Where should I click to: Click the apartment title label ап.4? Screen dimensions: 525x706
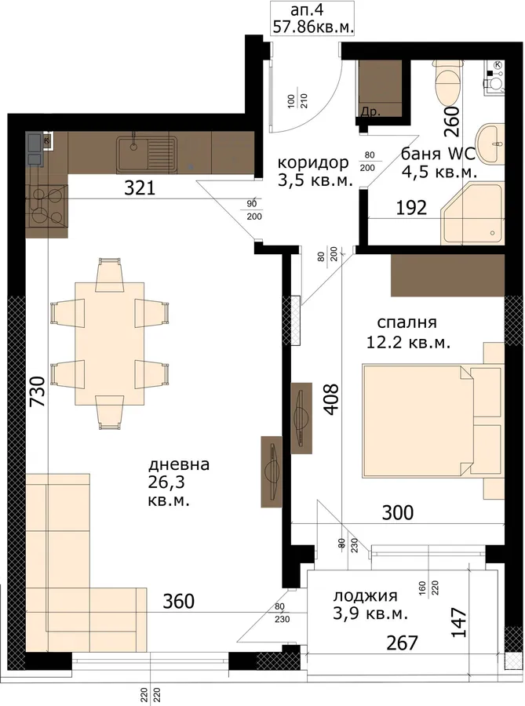click(x=308, y=10)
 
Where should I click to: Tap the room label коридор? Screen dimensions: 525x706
click(x=313, y=163)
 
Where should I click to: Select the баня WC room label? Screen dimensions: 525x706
click(x=438, y=154)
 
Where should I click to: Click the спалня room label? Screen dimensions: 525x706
click(x=407, y=323)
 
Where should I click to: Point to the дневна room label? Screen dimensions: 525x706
click(x=179, y=464)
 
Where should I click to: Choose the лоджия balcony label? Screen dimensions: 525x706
click(x=365, y=596)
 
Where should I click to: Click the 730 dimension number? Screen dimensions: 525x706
click(x=38, y=391)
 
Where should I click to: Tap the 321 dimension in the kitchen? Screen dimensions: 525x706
click(x=140, y=187)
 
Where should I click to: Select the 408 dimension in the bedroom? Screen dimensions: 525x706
click(x=331, y=399)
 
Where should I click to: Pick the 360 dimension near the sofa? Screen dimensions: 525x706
click(x=178, y=601)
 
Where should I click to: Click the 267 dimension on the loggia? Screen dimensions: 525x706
click(x=402, y=643)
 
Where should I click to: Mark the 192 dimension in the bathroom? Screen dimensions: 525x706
click(x=411, y=208)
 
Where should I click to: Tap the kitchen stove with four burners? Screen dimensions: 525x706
click(x=46, y=206)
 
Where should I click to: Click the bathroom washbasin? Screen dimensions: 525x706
click(x=489, y=144)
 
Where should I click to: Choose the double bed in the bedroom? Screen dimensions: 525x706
click(x=432, y=421)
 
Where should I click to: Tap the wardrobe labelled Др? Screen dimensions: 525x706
click(x=380, y=89)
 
